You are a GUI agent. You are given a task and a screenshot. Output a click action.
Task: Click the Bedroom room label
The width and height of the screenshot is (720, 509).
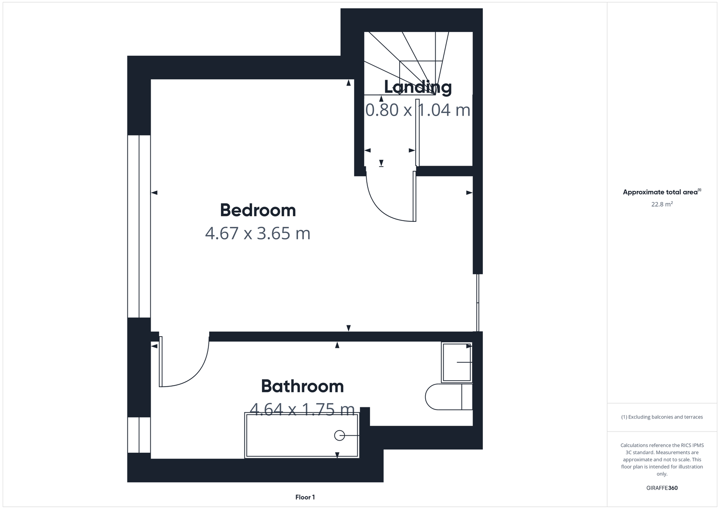tap(258, 210)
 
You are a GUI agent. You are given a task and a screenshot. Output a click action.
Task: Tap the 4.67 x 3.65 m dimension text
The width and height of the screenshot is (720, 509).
tap(258, 234)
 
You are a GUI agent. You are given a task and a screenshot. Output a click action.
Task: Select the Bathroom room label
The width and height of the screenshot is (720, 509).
tap(302, 386)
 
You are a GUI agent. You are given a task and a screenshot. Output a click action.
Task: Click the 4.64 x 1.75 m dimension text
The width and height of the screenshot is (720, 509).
tap(302, 409)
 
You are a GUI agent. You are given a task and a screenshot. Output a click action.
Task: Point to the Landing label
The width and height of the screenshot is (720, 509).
tap(418, 86)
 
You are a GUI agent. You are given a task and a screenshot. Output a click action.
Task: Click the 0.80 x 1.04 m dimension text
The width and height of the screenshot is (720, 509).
tap(418, 110)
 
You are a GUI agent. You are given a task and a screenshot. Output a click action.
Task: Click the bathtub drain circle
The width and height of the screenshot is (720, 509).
tap(339, 436)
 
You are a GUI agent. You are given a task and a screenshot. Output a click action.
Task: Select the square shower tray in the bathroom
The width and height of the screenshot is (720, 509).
tap(457, 362)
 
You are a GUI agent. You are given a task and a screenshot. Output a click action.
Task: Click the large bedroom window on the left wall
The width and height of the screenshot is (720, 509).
tap(139, 226)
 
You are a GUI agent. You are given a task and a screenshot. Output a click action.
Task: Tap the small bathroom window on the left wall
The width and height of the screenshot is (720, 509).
tap(139, 435)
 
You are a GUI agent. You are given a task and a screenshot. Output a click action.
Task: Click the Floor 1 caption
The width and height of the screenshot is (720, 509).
tap(305, 497)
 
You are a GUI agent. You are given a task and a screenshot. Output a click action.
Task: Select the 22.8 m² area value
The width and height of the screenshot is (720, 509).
tap(662, 204)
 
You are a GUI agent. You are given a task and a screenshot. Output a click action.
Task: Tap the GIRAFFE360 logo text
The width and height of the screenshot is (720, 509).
tap(662, 488)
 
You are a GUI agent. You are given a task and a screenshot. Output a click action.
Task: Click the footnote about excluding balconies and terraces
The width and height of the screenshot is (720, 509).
tap(662, 417)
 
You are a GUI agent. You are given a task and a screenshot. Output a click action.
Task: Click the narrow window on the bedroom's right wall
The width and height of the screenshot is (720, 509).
tap(478, 302)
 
